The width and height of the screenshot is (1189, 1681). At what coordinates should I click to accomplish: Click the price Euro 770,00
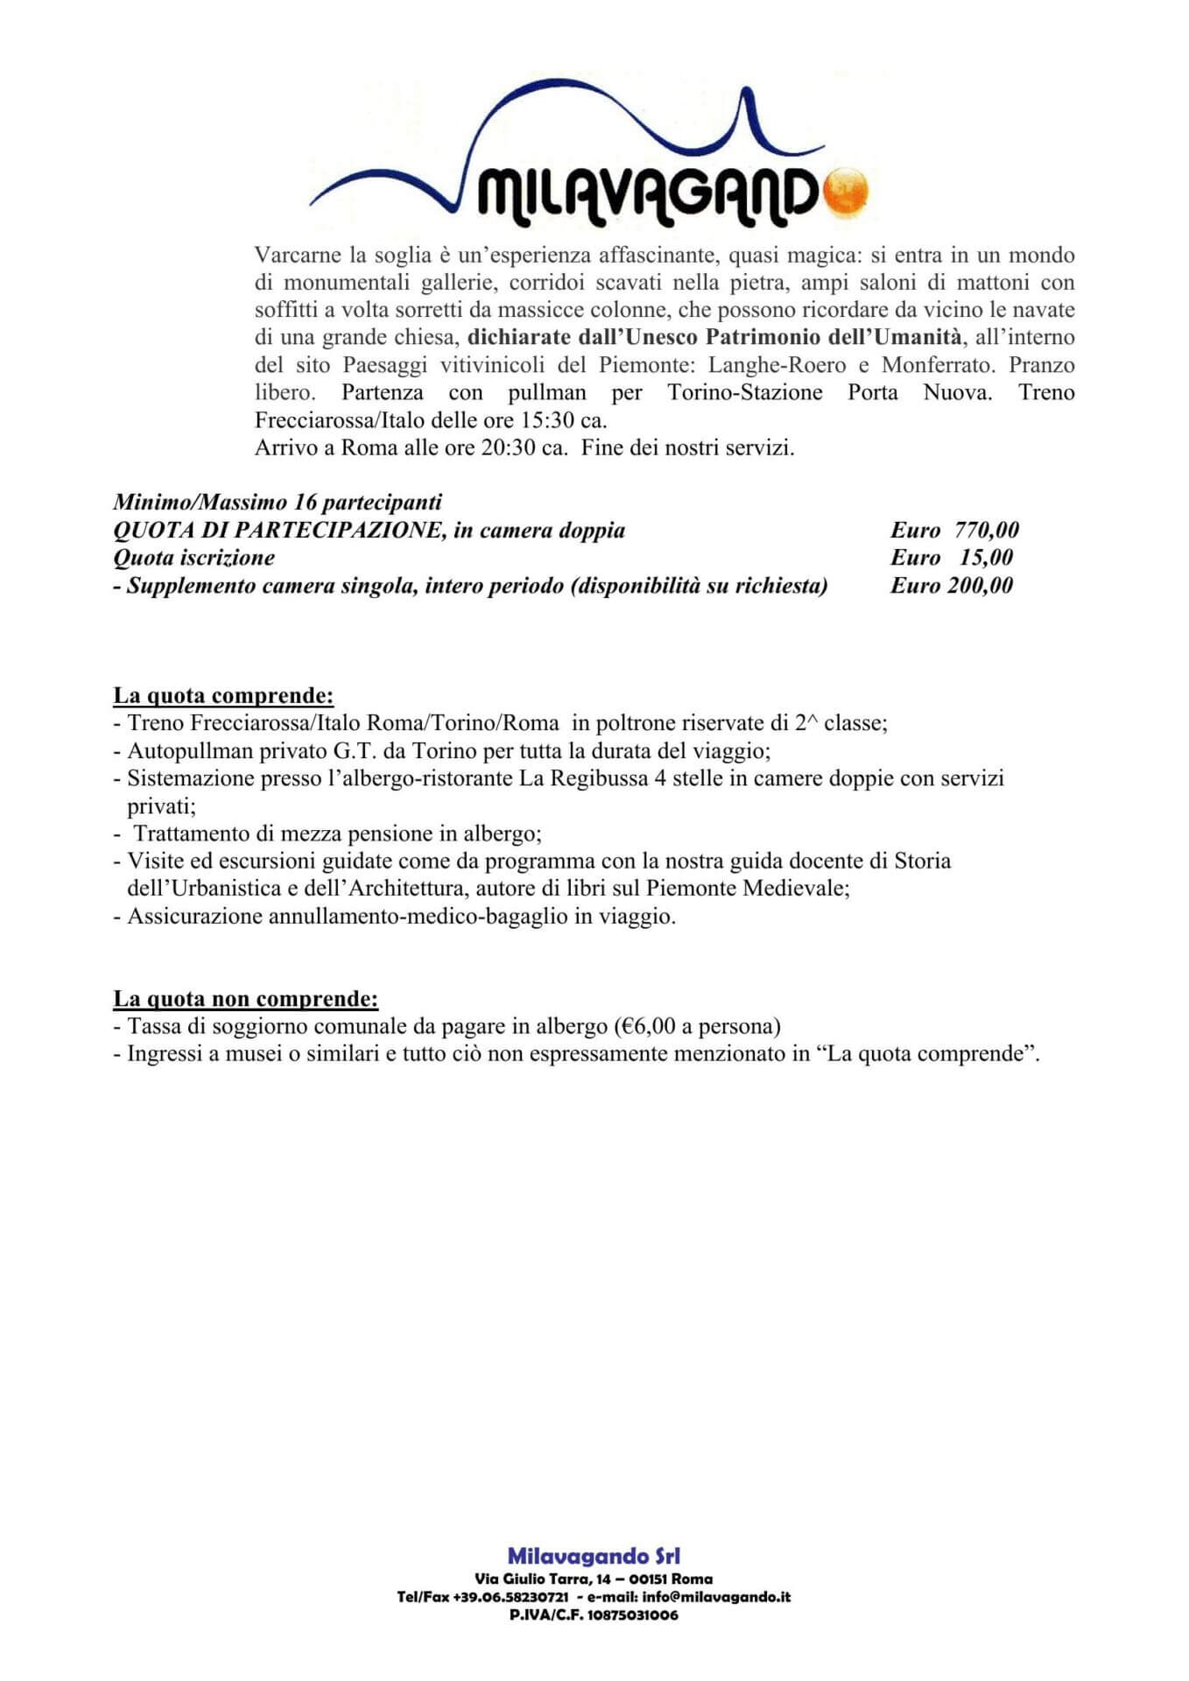point(954,530)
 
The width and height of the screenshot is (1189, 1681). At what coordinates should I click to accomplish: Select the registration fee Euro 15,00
point(952,558)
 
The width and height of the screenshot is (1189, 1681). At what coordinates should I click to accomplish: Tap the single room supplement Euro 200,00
point(952,586)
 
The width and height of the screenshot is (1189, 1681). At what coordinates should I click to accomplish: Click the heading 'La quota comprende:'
point(223,696)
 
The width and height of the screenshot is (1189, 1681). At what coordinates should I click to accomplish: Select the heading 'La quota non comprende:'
point(246,999)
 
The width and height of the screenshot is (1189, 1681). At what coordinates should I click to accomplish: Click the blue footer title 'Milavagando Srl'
point(594,1556)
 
